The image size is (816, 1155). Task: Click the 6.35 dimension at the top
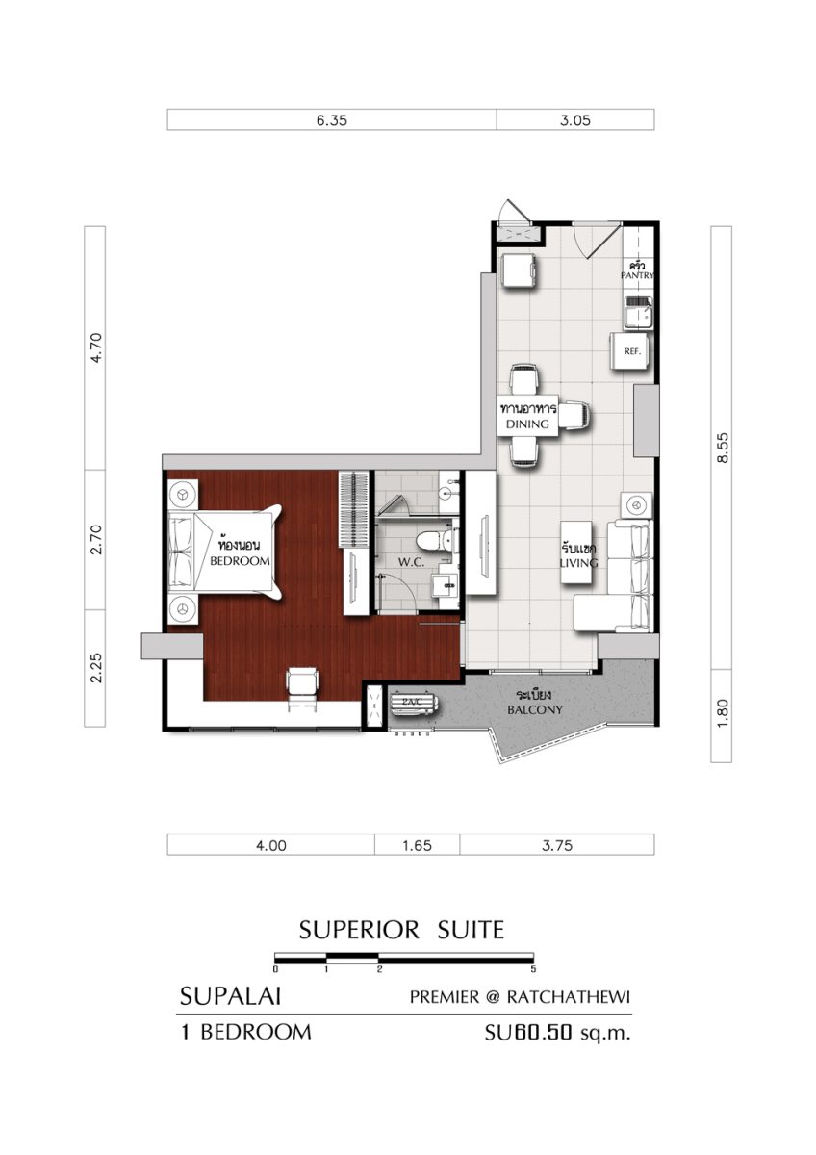(x=331, y=120)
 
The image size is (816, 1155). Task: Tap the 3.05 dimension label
(x=575, y=120)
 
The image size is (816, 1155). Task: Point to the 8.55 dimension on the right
(x=723, y=448)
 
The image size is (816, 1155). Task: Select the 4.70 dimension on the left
(x=96, y=348)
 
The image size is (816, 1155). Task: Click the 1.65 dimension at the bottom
(x=417, y=846)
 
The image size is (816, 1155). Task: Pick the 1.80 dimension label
(x=723, y=713)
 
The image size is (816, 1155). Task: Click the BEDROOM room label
(x=240, y=561)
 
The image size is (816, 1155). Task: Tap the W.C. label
(x=411, y=562)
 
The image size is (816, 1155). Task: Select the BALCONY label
(x=535, y=710)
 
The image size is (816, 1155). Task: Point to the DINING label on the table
(x=527, y=423)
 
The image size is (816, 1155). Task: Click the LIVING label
(x=579, y=562)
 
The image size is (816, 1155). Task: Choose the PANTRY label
(x=637, y=276)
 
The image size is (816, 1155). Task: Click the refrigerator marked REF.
(x=629, y=350)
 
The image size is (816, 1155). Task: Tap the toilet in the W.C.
(x=429, y=540)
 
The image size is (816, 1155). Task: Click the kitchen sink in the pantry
(x=638, y=313)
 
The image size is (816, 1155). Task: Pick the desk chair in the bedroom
(x=302, y=687)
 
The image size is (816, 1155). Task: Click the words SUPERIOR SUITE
(x=401, y=930)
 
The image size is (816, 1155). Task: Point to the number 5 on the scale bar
(x=533, y=969)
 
